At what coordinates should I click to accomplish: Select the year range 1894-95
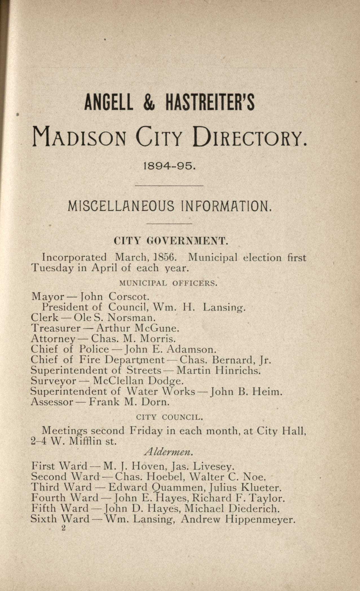pyautogui.click(x=169, y=166)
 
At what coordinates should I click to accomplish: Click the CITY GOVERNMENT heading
pyautogui.click(x=170, y=241)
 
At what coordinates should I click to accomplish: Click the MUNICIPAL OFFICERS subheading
pyautogui.click(x=168, y=283)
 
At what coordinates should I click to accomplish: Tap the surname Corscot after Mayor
pyautogui.click(x=129, y=296)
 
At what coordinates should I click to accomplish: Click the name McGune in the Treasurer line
pyautogui.click(x=157, y=328)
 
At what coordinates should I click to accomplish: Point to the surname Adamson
pyautogui.click(x=191, y=349)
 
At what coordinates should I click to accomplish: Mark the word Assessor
pyautogui.click(x=52, y=402)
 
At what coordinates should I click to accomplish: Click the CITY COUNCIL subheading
pyautogui.click(x=169, y=417)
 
